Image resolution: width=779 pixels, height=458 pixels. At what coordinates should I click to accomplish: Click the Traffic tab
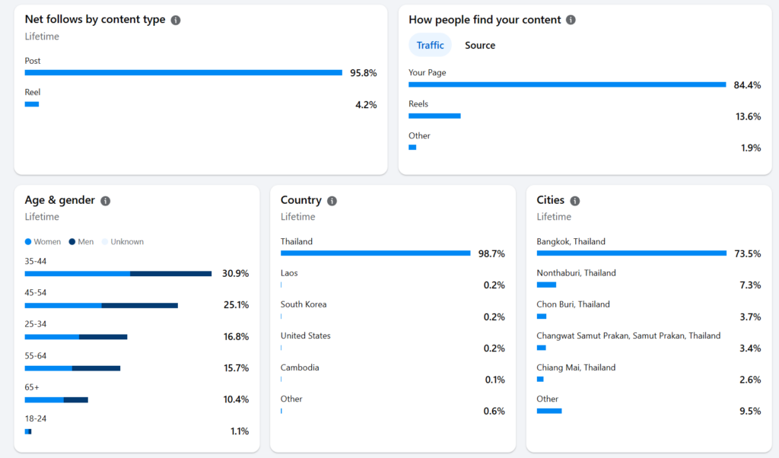coord(430,45)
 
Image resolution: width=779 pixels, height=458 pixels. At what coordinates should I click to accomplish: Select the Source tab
coord(480,45)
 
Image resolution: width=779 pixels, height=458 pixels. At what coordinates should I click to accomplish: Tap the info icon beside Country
coord(332,201)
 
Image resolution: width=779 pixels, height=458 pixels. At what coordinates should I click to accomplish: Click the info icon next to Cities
coord(575,201)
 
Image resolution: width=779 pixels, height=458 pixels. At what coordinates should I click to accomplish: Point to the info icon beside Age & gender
coord(105,201)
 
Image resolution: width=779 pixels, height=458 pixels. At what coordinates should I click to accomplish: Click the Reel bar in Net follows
coord(32,104)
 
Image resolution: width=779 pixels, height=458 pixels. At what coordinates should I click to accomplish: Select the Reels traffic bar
coord(434,116)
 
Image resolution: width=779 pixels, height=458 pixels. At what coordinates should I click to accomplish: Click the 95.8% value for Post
coord(363,73)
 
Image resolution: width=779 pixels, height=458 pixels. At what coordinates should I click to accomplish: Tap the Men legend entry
coord(81,242)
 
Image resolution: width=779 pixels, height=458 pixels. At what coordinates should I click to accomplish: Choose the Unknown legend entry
coord(122,242)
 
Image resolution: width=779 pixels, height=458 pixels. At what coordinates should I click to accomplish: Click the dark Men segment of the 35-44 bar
coord(171,274)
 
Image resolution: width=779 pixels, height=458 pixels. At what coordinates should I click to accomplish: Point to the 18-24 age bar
coord(28,431)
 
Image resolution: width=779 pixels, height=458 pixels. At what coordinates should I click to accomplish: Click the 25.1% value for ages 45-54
coord(236,305)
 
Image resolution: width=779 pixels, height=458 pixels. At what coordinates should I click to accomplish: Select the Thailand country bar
coord(376,253)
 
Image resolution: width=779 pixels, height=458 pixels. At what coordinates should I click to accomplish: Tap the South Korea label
coord(304,304)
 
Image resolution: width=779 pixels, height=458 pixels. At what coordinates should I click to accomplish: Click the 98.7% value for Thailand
coord(491,254)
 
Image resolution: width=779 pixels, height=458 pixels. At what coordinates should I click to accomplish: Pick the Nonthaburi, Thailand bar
coord(546,285)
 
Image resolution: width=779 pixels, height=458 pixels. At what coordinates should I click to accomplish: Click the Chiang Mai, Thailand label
coord(576,367)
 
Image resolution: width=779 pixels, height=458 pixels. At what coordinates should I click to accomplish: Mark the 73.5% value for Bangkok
coord(747,254)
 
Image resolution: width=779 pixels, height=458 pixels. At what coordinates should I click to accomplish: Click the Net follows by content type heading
coord(95,19)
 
